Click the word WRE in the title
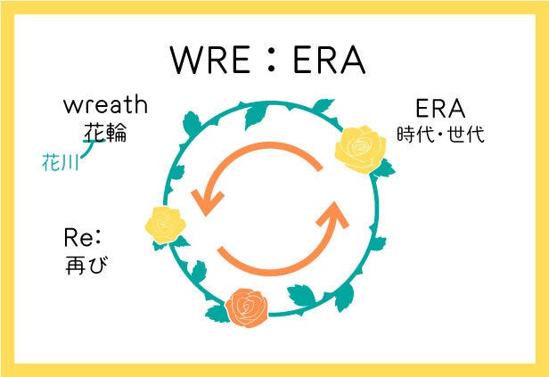tap(210, 60)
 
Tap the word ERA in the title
tap(329, 60)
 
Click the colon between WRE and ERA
tap(271, 60)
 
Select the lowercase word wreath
tap(105, 104)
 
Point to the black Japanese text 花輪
tap(105, 132)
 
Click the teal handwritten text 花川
tap(60, 162)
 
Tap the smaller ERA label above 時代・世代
tap(440, 109)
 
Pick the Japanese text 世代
tap(466, 134)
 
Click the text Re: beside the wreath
tap(83, 238)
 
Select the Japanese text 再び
tap(86, 265)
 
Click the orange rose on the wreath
tap(247, 308)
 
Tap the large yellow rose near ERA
tap(360, 150)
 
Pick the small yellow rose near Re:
tap(165, 225)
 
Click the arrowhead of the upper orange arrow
tap(207, 202)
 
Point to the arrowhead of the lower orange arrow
tap(333, 214)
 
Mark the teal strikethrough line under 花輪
tap(94, 141)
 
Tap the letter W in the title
tap(190, 60)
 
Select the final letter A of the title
tap(352, 60)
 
